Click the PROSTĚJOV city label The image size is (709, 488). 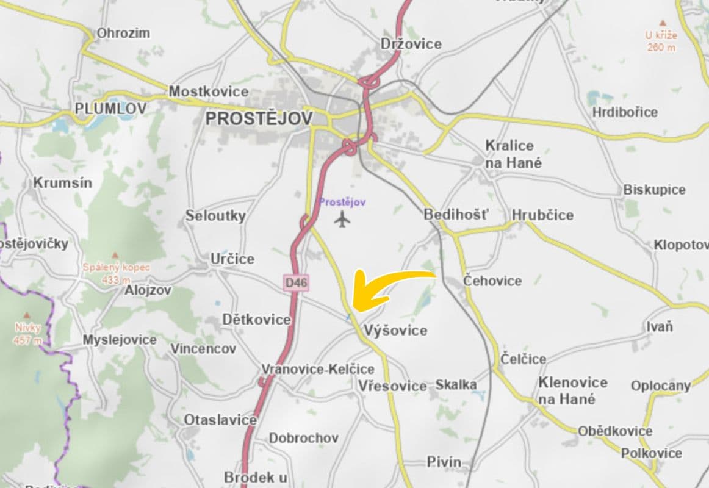pyautogui.click(x=259, y=118)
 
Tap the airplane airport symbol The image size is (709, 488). pyautogui.click(x=344, y=218)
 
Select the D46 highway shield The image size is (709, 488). pyautogui.click(x=297, y=282)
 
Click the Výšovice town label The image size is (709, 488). pyautogui.click(x=395, y=331)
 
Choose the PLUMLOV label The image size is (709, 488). pyautogui.click(x=110, y=109)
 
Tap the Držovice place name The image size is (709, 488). pyautogui.click(x=411, y=44)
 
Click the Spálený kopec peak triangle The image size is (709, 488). pyautogui.click(x=115, y=254)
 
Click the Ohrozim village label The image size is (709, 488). pyautogui.click(x=123, y=33)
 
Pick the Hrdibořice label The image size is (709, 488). pyautogui.click(x=625, y=112)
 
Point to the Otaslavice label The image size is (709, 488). pyautogui.click(x=221, y=420)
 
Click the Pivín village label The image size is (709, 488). pyautogui.click(x=444, y=462)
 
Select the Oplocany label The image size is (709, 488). pyautogui.click(x=661, y=386)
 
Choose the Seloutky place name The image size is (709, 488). pyautogui.click(x=215, y=215)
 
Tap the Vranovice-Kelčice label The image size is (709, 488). pyautogui.click(x=318, y=369)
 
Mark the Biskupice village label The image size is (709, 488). pyautogui.click(x=654, y=190)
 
